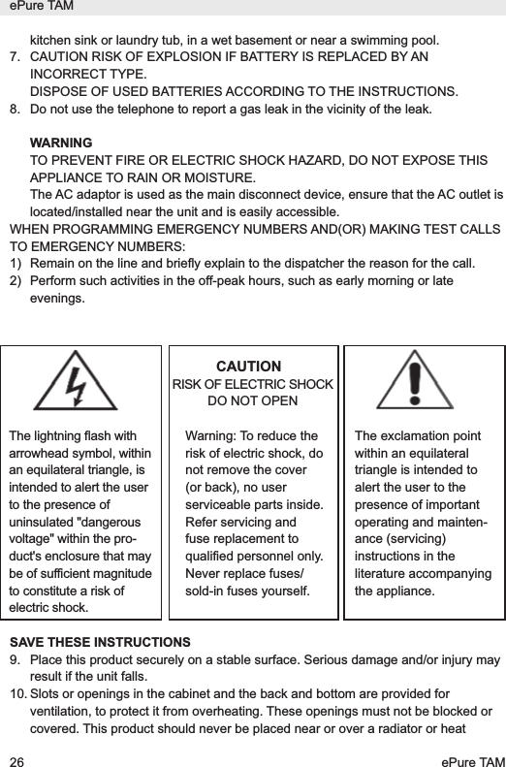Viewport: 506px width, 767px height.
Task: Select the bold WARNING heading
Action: tap(62, 144)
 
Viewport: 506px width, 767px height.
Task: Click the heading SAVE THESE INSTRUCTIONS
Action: tap(100, 643)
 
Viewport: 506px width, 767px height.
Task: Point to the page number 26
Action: tap(16, 754)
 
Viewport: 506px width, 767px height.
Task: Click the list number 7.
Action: tap(15, 58)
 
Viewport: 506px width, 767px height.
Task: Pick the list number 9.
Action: tap(15, 660)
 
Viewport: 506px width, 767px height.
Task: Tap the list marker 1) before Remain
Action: tap(15, 262)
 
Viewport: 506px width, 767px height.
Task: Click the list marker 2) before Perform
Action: tap(15, 279)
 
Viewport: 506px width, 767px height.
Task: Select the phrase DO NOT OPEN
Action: tap(253, 400)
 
